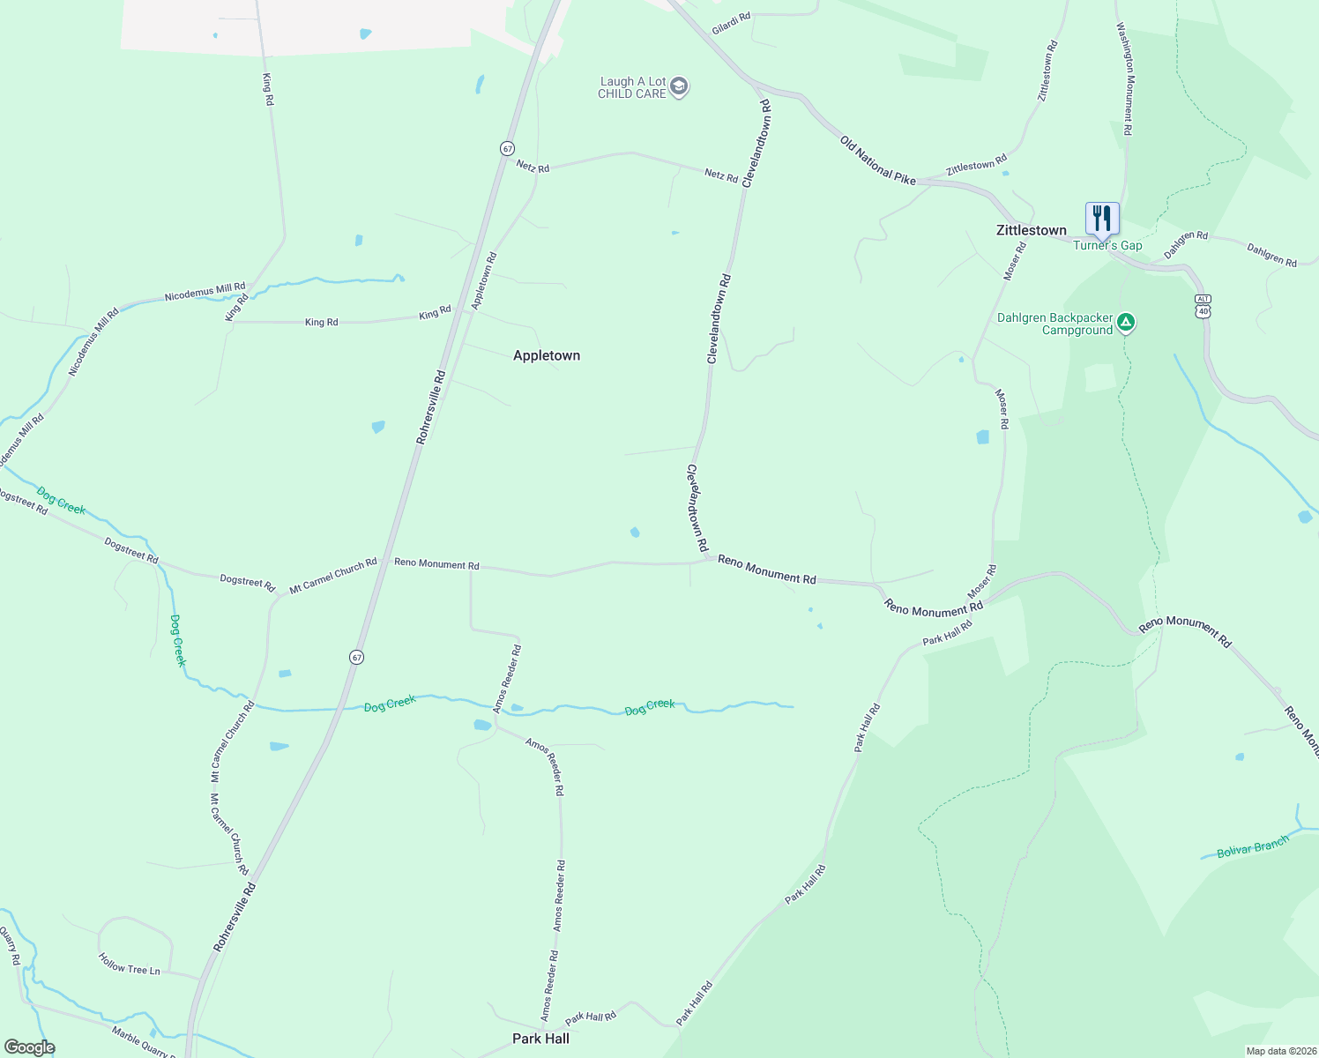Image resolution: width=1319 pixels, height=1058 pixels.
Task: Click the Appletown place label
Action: click(547, 355)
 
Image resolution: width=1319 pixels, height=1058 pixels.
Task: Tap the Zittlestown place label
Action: click(1031, 230)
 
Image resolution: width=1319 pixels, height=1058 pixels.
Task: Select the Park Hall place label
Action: click(540, 1039)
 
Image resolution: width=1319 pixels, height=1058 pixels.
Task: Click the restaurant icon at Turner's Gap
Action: click(1102, 217)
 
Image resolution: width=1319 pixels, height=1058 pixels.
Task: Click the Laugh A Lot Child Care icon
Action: click(678, 86)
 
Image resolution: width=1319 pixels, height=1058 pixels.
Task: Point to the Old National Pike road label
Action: click(877, 160)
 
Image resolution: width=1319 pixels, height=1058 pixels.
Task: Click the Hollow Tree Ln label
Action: click(129, 964)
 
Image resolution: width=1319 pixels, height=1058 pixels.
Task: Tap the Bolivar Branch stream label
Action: click(1252, 848)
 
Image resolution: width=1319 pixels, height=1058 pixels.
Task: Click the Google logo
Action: click(29, 1047)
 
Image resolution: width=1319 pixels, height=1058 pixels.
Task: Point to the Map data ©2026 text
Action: click(1280, 1051)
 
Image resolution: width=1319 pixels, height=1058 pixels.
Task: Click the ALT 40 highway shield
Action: click(1203, 306)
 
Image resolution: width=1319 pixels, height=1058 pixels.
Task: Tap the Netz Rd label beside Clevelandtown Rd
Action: click(721, 176)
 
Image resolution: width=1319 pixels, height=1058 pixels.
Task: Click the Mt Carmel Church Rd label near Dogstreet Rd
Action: click(333, 574)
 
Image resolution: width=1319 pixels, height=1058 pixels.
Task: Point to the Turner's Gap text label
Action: click(1107, 246)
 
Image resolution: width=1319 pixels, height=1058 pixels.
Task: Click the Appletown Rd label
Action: click(484, 280)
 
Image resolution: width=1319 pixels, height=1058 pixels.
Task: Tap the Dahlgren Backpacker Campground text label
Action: click(1054, 324)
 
